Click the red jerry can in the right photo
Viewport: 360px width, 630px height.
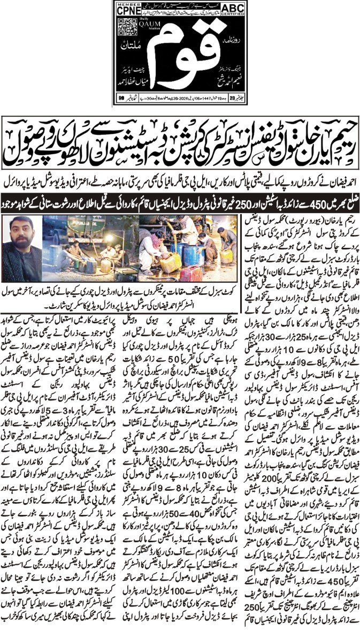tap(190, 273)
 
